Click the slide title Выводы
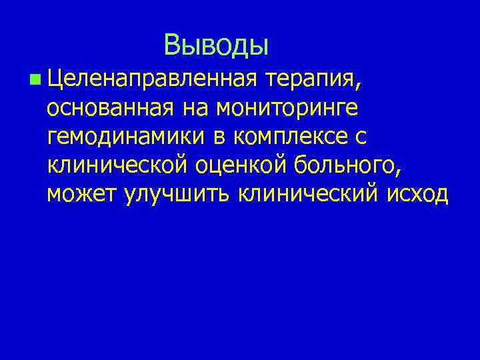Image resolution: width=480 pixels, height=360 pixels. click(x=217, y=45)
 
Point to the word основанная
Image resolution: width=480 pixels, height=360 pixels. click(x=109, y=107)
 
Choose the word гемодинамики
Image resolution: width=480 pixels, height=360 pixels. click(x=130, y=136)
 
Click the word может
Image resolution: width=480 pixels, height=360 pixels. click(x=83, y=193)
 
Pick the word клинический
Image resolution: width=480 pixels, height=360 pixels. click(x=301, y=193)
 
